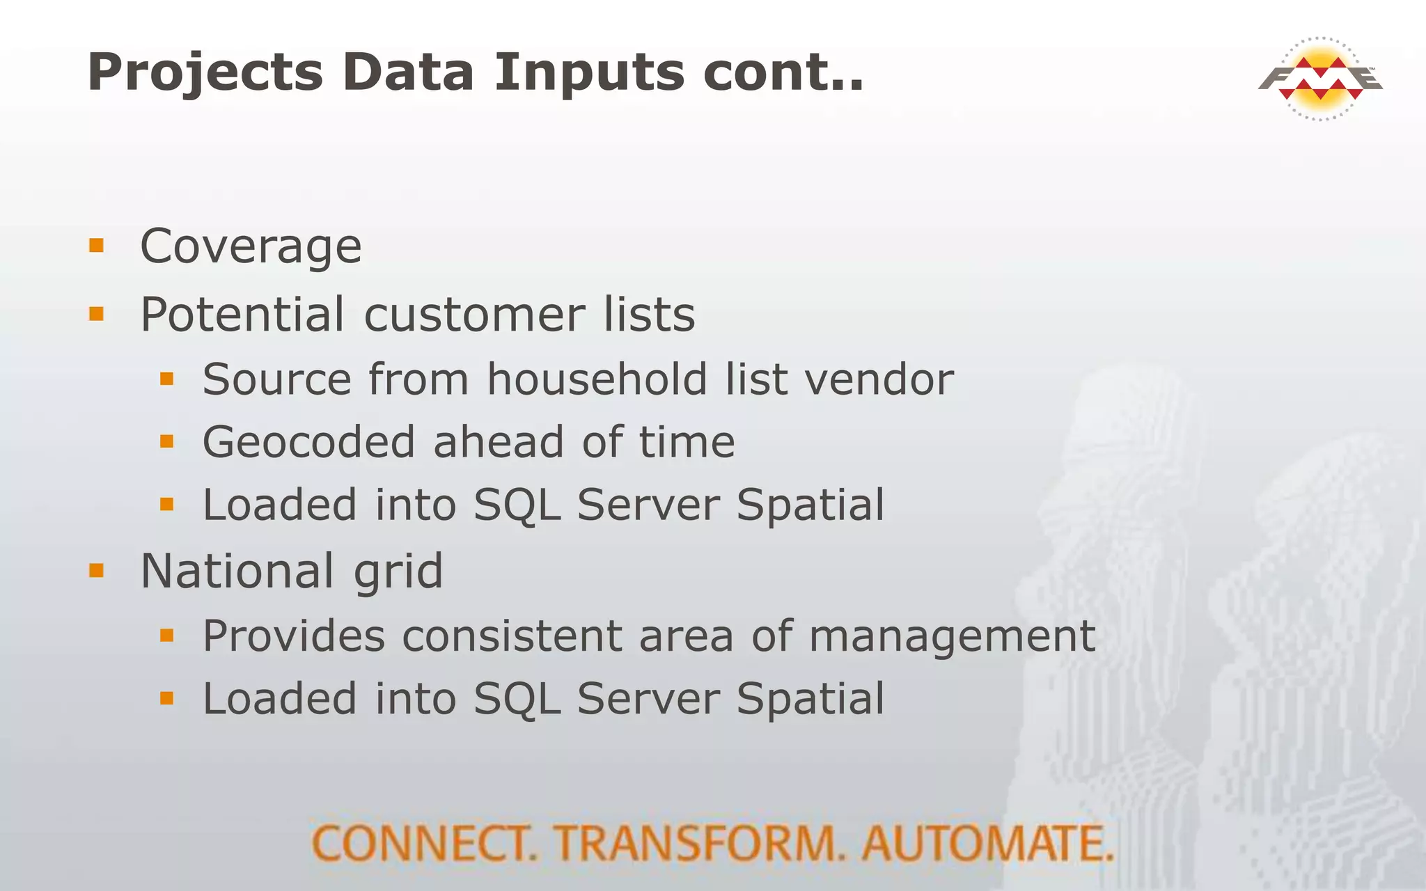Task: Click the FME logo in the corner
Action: click(1320, 78)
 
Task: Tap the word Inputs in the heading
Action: click(589, 72)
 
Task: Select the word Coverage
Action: click(251, 246)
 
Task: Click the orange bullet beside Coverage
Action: click(96, 245)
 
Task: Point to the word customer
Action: click(474, 315)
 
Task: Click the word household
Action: click(596, 379)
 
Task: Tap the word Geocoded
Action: click(308, 442)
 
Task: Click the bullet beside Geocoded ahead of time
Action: click(166, 441)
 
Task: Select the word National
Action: click(237, 571)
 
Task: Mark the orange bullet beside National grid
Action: click(96, 571)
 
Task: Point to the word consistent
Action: click(512, 636)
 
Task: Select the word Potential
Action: click(242, 315)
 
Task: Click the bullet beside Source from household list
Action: click(166, 378)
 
